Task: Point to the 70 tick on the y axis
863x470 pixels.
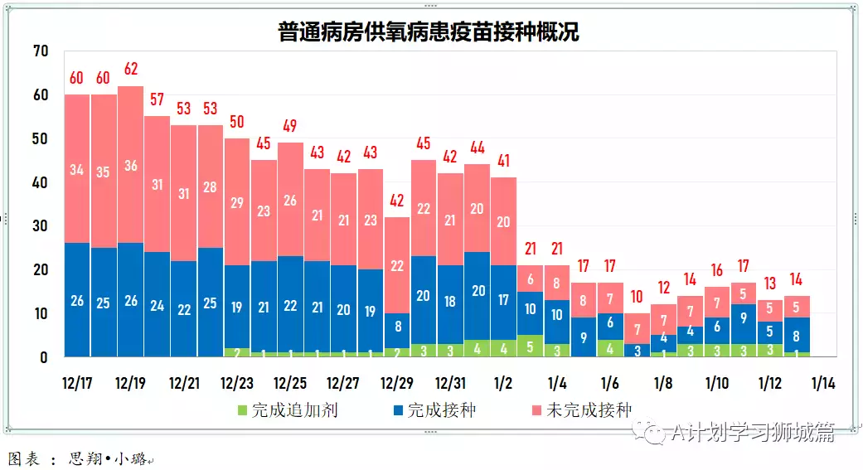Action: coord(41,51)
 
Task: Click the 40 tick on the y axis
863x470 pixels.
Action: coord(41,182)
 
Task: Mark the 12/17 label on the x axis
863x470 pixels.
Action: coord(77,384)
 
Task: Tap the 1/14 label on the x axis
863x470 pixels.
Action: coord(823,384)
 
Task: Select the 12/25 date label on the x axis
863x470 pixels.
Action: coord(290,384)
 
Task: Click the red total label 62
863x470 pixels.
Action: coord(130,69)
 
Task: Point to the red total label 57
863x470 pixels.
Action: coord(157,99)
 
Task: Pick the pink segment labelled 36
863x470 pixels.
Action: coord(130,165)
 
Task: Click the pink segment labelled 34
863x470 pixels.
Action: coord(77,170)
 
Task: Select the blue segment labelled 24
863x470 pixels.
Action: coord(157,304)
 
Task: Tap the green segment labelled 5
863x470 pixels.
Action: coord(530,347)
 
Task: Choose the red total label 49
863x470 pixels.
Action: coord(290,126)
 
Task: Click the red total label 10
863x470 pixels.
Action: coord(637,296)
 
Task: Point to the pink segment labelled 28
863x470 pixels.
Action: coord(211,187)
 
